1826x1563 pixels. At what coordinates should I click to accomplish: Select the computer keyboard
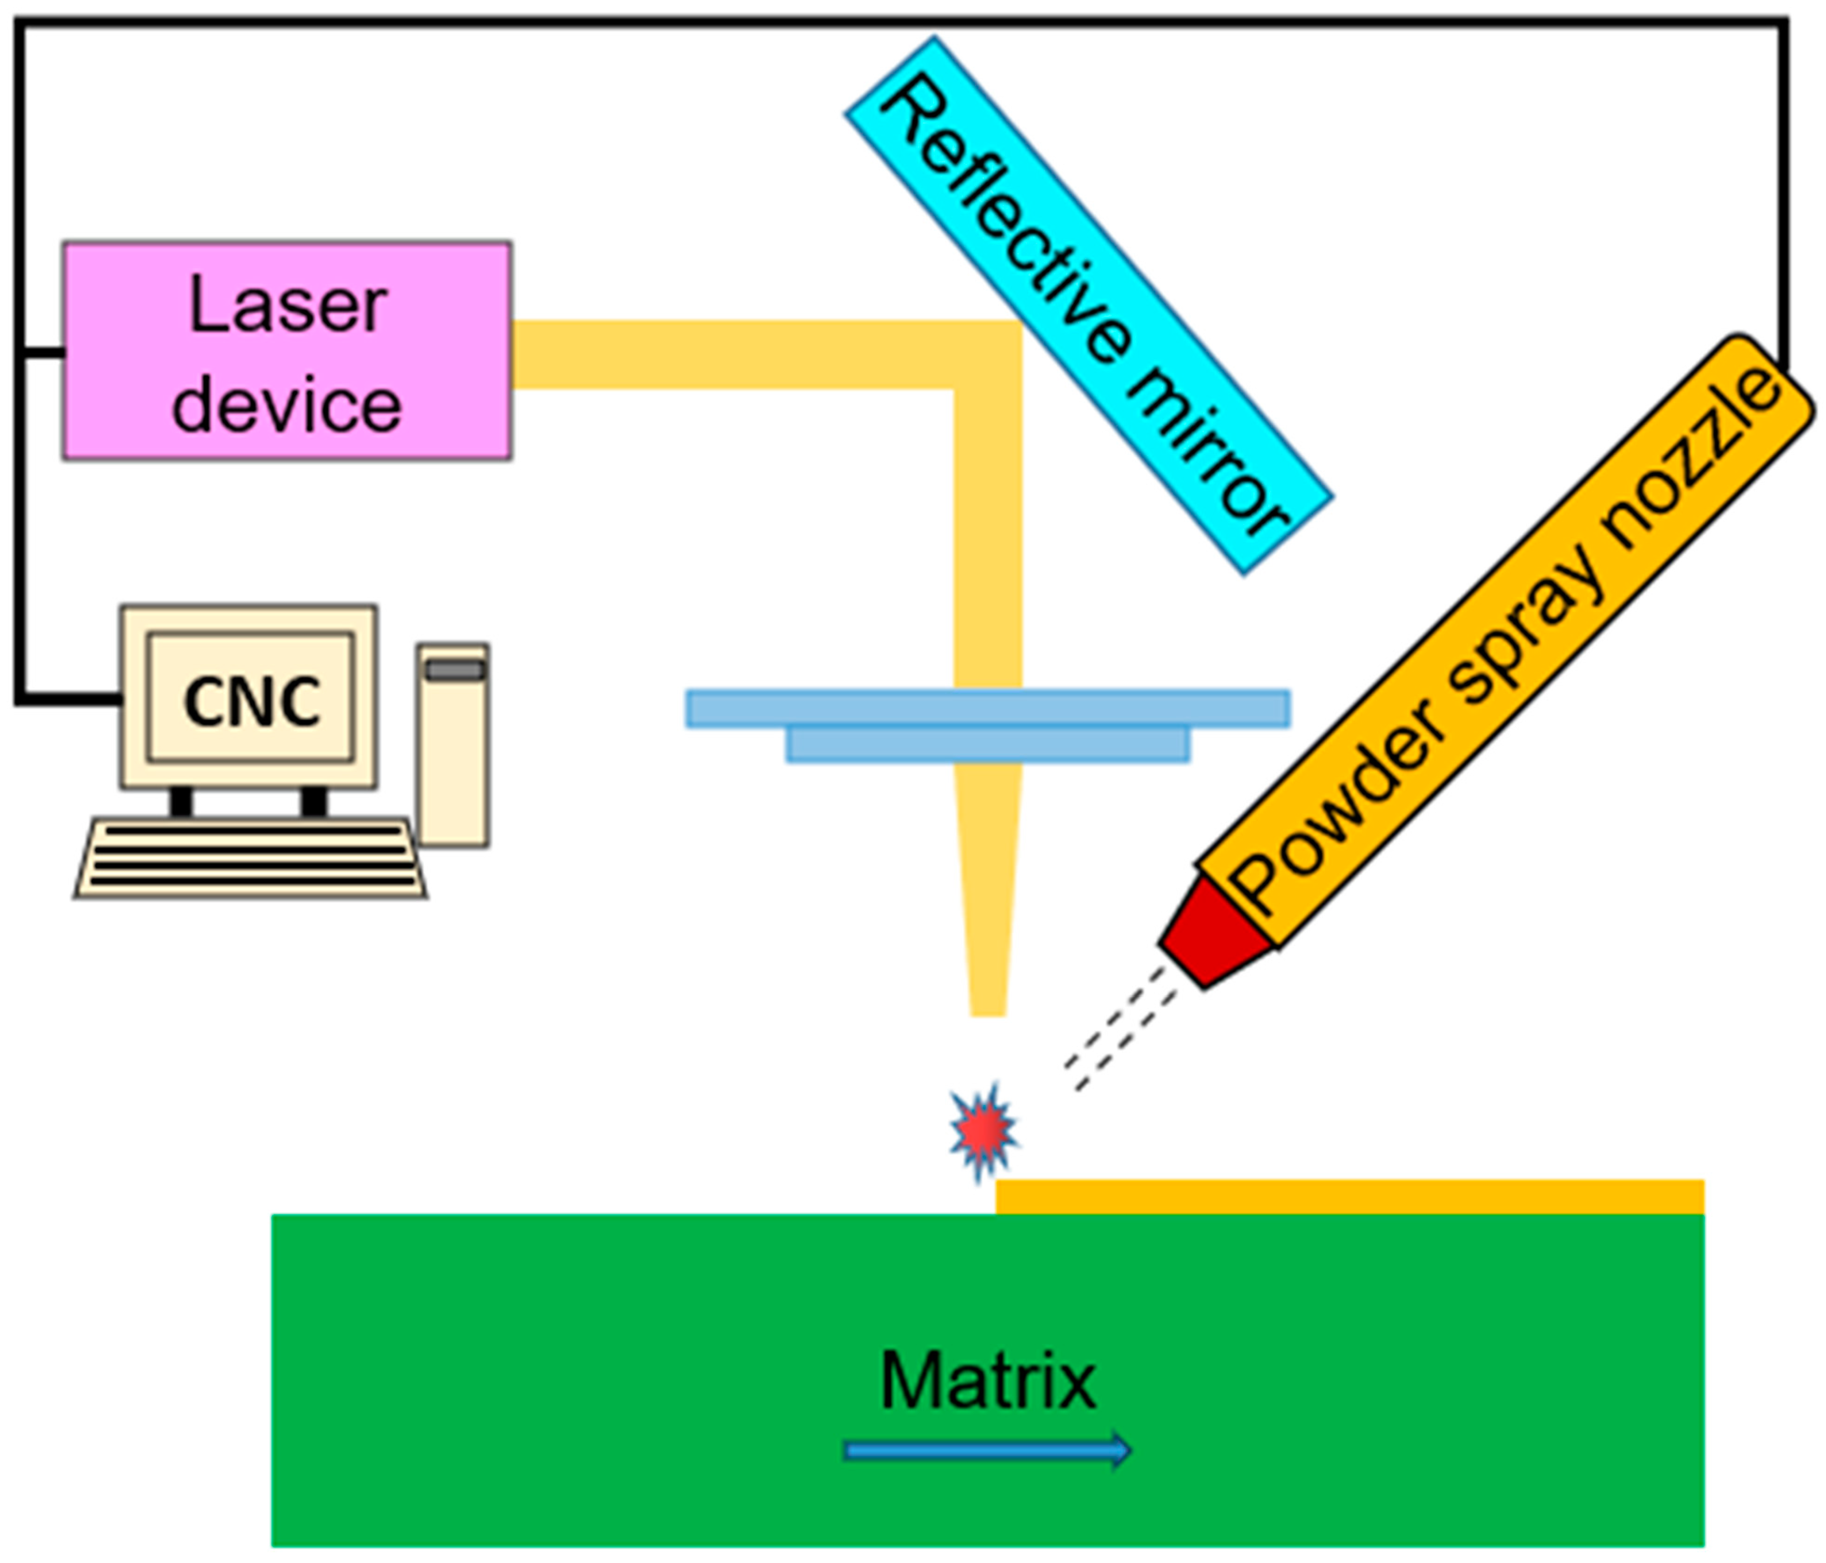pyautogui.click(x=251, y=858)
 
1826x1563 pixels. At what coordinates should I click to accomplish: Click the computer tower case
pyautogui.click(x=453, y=767)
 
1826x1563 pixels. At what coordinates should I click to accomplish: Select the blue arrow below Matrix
pyautogui.click(x=987, y=1450)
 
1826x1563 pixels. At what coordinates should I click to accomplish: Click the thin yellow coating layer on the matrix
pyautogui.click(x=1348, y=1196)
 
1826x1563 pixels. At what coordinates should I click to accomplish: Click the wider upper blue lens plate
pyautogui.click(x=987, y=708)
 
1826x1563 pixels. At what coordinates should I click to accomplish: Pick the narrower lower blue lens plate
pyautogui.click(x=987, y=745)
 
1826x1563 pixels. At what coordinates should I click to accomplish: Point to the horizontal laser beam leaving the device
pyautogui.click(x=731, y=354)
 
